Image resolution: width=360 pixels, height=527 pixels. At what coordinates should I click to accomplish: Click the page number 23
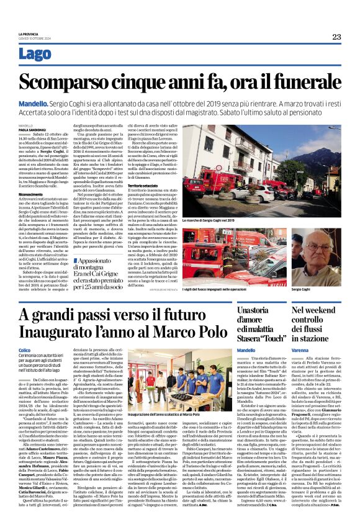[336, 37]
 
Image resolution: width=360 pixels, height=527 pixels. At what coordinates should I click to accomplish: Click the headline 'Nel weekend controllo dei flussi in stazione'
[317, 323]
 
